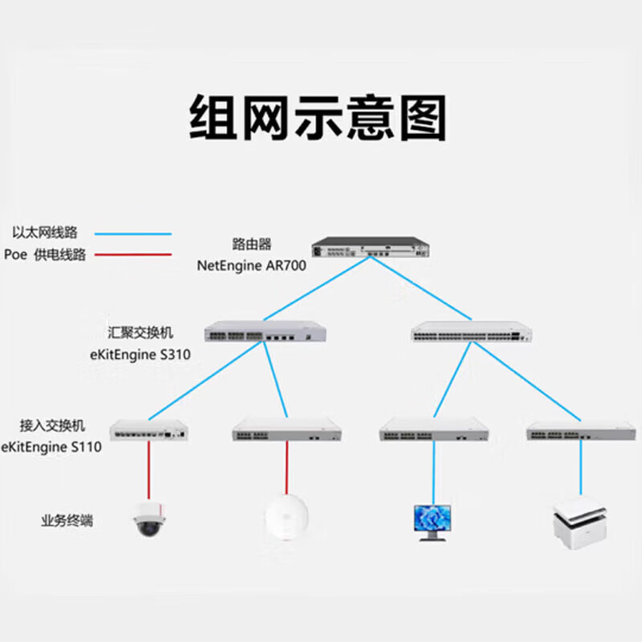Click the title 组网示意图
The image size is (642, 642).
click(x=319, y=118)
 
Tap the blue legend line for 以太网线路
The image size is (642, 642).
click(x=133, y=234)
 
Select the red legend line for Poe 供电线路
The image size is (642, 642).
click(x=133, y=255)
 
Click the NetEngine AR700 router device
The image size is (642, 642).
click(x=368, y=247)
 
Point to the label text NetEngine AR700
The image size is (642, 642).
click(x=251, y=265)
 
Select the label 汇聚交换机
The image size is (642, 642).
click(x=140, y=332)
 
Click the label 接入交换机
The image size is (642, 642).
click(x=52, y=425)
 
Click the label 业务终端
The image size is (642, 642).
click(x=67, y=521)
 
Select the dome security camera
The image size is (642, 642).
click(x=148, y=518)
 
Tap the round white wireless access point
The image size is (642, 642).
click(x=286, y=518)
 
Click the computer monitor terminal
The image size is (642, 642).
click(x=433, y=521)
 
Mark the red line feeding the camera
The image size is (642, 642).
click(x=148, y=469)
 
